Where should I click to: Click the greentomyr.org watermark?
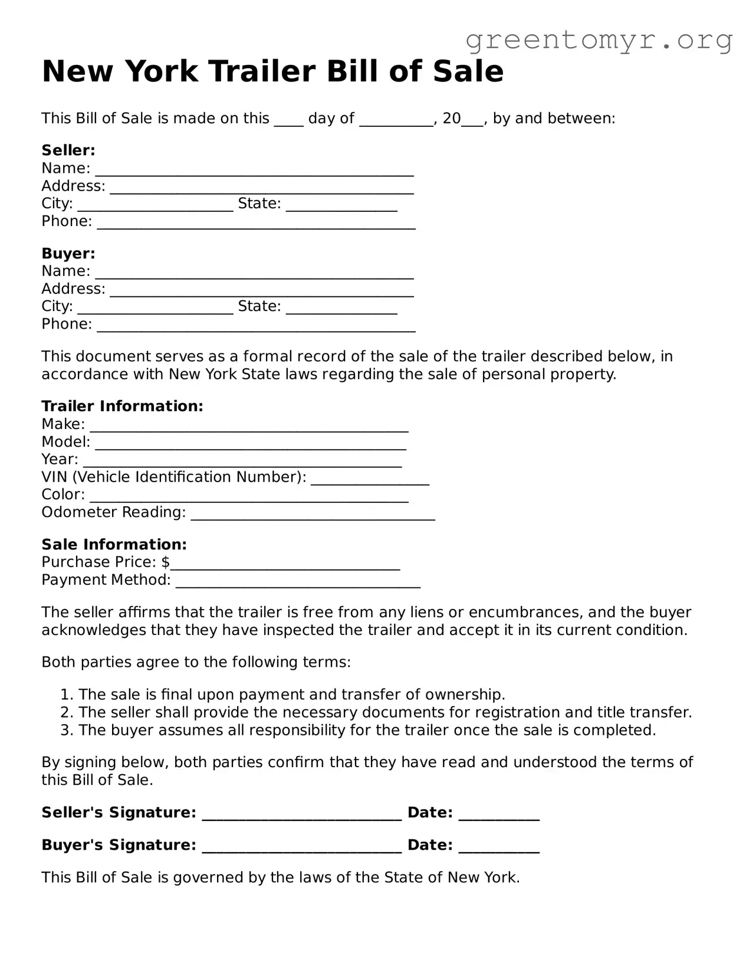599,40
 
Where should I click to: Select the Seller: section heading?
68,150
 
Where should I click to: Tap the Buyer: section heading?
68,253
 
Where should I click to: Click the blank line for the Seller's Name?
254,171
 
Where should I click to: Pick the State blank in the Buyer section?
341,308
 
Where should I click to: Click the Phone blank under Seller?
256,224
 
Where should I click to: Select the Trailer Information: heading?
122,406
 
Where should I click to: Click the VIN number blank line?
370,479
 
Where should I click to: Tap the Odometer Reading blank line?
313,515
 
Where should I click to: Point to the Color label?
63,495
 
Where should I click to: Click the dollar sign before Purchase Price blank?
166,562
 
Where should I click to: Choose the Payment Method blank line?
298,582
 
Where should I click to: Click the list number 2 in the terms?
67,712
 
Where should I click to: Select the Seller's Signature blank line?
301,815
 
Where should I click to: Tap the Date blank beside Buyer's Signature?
498,847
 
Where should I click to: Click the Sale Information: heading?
114,544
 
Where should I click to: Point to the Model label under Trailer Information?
65,441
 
